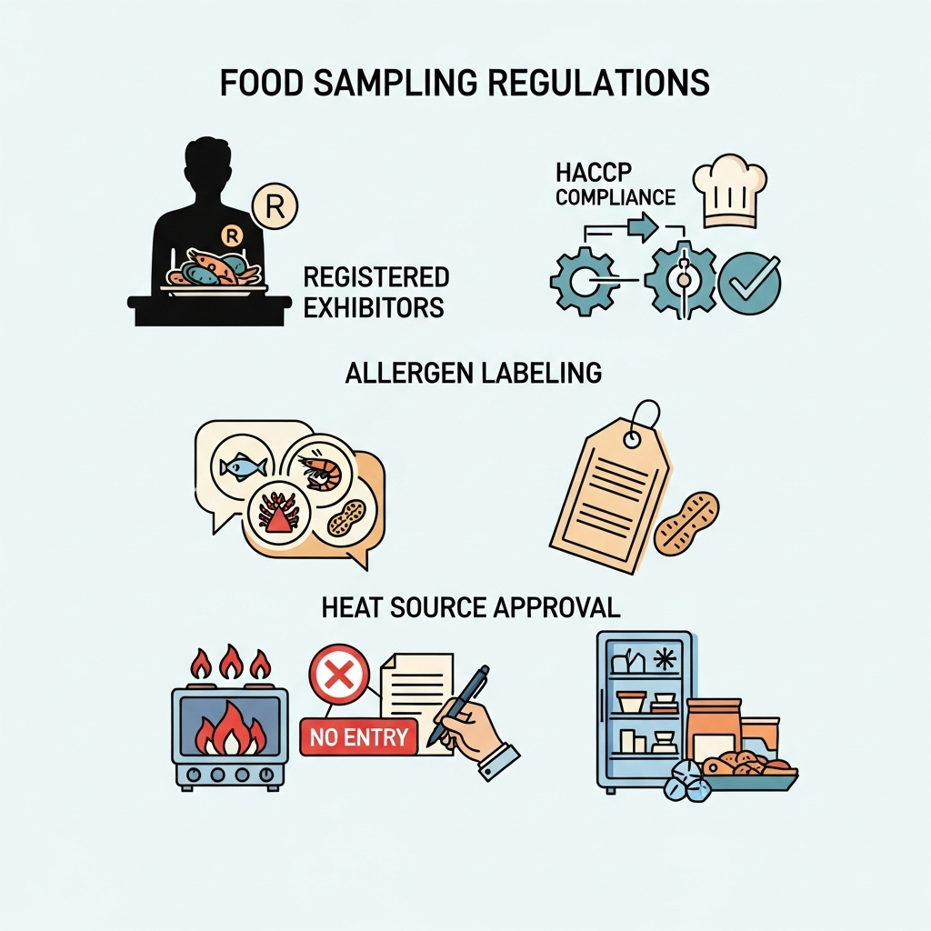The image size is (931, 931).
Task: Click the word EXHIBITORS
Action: click(x=374, y=307)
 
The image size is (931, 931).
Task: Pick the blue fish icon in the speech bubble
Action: click(x=243, y=466)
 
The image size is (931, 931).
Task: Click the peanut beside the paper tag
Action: click(x=686, y=524)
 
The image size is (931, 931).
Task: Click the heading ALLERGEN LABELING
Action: click(x=473, y=373)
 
